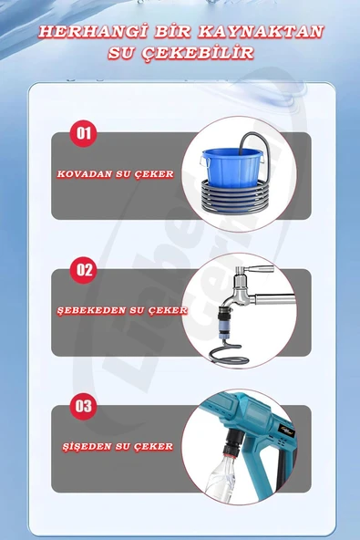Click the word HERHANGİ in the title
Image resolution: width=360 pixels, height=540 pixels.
click(x=93, y=31)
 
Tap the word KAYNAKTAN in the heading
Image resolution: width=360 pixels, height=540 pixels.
click(x=262, y=31)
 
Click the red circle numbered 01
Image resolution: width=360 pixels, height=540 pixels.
click(x=83, y=133)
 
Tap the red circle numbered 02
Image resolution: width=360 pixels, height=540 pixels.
click(x=83, y=270)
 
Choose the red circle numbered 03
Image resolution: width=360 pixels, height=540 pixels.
click(x=83, y=406)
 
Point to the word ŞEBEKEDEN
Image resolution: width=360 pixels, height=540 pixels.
click(x=92, y=310)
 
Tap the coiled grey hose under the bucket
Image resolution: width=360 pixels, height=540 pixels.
click(x=235, y=195)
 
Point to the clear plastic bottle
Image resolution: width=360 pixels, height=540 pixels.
click(x=221, y=479)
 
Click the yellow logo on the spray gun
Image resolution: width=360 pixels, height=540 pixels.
click(x=286, y=431)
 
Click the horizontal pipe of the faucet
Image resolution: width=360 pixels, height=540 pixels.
click(x=274, y=299)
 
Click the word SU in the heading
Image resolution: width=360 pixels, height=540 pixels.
click(x=121, y=53)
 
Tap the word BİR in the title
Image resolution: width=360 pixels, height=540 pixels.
click(x=173, y=31)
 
